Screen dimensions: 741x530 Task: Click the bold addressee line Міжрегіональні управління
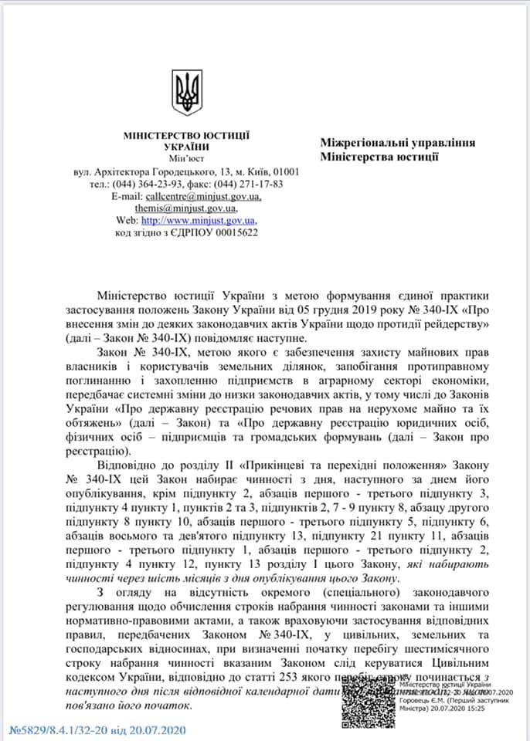(x=397, y=143)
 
